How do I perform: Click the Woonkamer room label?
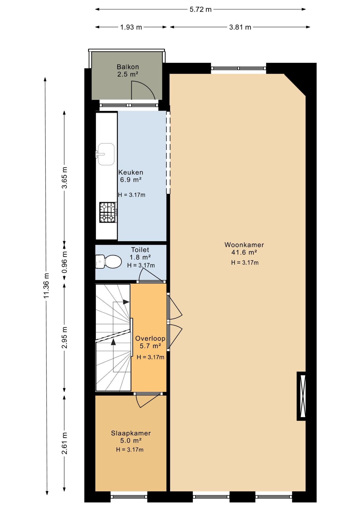click(x=244, y=245)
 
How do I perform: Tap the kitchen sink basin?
click(x=106, y=154)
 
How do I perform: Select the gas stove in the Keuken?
click(x=108, y=212)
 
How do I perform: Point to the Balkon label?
click(x=128, y=67)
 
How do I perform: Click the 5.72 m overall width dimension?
click(x=201, y=10)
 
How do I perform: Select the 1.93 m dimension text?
click(x=131, y=27)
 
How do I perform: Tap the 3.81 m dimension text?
click(x=240, y=27)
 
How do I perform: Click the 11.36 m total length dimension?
click(x=47, y=286)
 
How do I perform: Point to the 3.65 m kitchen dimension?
click(x=64, y=178)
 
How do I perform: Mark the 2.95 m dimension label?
click(x=64, y=338)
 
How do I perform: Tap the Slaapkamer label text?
click(x=131, y=433)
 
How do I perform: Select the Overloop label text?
click(x=150, y=338)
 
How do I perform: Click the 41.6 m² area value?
click(x=244, y=252)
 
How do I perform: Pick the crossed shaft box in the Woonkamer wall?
click(x=301, y=396)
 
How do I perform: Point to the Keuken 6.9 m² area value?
click(x=131, y=180)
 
